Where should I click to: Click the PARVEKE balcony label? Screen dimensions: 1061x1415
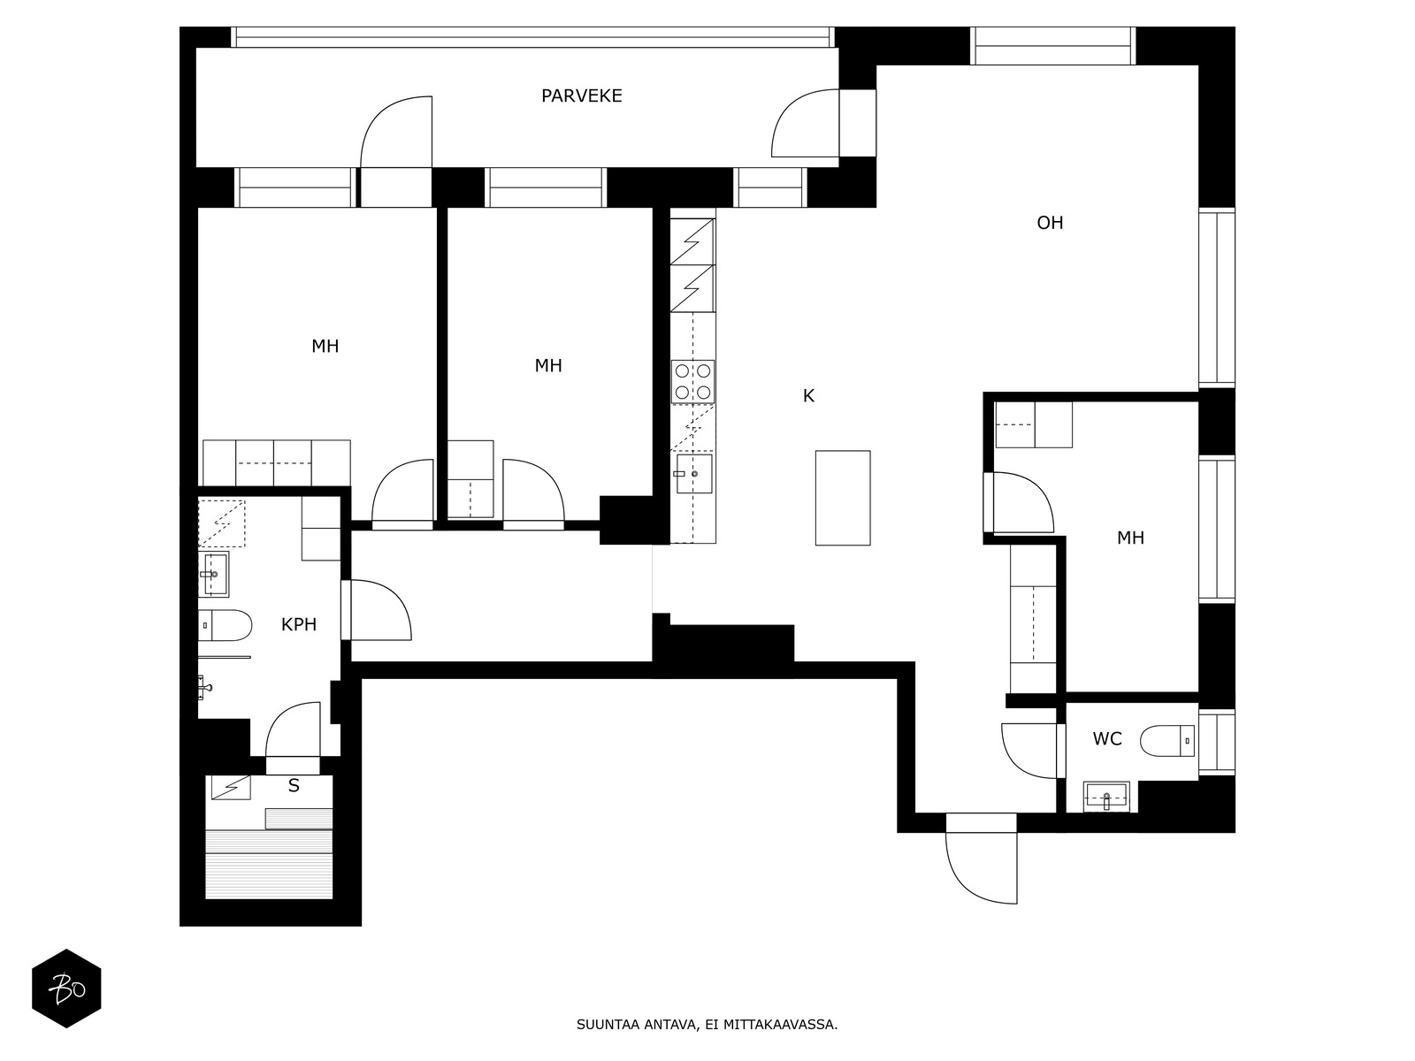581,95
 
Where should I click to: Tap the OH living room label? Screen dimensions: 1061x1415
1050,223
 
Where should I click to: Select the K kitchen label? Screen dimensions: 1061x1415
807,396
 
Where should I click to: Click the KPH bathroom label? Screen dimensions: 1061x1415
298,625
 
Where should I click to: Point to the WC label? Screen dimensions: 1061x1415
1106,739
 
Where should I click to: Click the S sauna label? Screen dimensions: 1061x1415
294,786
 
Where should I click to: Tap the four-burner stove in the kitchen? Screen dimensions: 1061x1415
692,381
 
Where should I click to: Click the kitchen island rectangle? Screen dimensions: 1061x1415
842,497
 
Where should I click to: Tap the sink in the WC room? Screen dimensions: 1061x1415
1105,797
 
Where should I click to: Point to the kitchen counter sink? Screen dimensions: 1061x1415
694,474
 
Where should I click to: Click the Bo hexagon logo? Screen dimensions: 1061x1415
66,988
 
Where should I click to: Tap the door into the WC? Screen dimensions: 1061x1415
1030,752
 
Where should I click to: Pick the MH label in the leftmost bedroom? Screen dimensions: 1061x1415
325,347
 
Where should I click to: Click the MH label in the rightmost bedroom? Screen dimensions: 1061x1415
1129,538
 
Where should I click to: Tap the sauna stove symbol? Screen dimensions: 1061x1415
229,787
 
